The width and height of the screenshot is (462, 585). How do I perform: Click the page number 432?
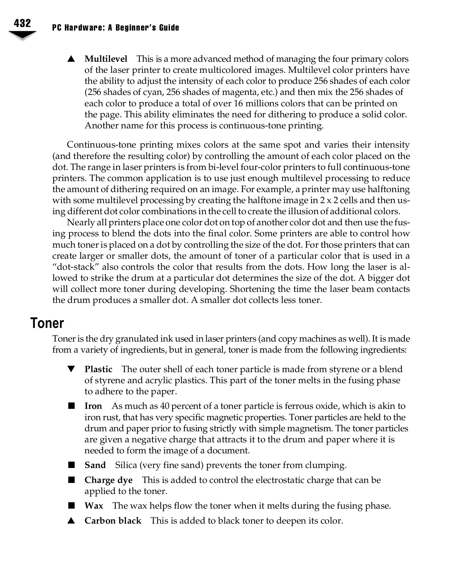pos(22,23)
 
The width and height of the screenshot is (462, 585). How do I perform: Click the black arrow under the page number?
pos(22,35)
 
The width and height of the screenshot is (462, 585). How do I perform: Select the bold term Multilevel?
pos(106,59)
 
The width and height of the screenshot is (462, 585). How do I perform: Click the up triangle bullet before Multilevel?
pos(71,59)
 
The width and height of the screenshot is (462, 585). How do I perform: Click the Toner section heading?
pos(47,323)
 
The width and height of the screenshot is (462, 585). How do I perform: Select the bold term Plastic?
pos(98,370)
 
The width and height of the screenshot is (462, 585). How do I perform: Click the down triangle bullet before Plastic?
pos(71,369)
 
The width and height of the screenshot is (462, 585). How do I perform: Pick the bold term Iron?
pos(93,406)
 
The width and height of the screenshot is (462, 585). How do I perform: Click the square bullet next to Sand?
pos(71,465)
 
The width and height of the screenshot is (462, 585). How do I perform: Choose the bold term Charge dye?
pos(108,480)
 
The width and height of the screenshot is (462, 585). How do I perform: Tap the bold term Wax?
pos(94,506)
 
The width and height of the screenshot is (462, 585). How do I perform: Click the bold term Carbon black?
pos(112,521)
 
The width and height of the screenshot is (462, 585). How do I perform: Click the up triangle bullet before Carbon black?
pos(71,521)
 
